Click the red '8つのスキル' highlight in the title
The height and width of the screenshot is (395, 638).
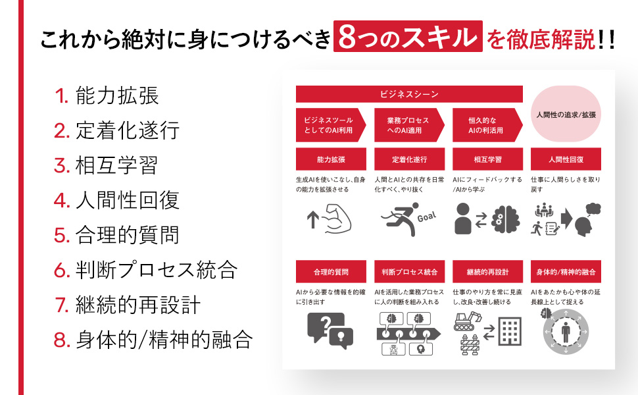(408, 36)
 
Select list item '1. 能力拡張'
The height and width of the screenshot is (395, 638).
(106, 95)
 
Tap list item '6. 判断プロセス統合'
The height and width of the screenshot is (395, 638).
(145, 270)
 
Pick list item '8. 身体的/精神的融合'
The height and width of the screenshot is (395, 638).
(153, 340)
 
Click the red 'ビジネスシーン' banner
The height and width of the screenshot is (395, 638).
(409, 94)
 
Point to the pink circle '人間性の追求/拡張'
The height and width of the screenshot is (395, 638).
(566, 114)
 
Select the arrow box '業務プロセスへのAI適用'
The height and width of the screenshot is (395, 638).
(409, 125)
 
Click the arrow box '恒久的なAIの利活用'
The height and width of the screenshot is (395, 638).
(487, 125)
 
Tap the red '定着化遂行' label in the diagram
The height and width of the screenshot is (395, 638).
(409, 159)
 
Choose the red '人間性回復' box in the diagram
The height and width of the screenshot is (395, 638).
(566, 159)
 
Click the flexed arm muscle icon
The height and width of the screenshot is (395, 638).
(337, 219)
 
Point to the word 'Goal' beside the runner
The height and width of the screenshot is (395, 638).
(426, 217)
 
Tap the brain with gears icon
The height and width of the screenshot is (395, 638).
(505, 219)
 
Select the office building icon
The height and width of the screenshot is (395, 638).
(509, 332)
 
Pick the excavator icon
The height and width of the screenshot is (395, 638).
(467, 321)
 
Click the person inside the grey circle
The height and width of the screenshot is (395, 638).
(566, 332)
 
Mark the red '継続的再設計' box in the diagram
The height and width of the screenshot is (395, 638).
(487, 272)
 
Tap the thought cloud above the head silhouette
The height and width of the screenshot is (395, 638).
(593, 209)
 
